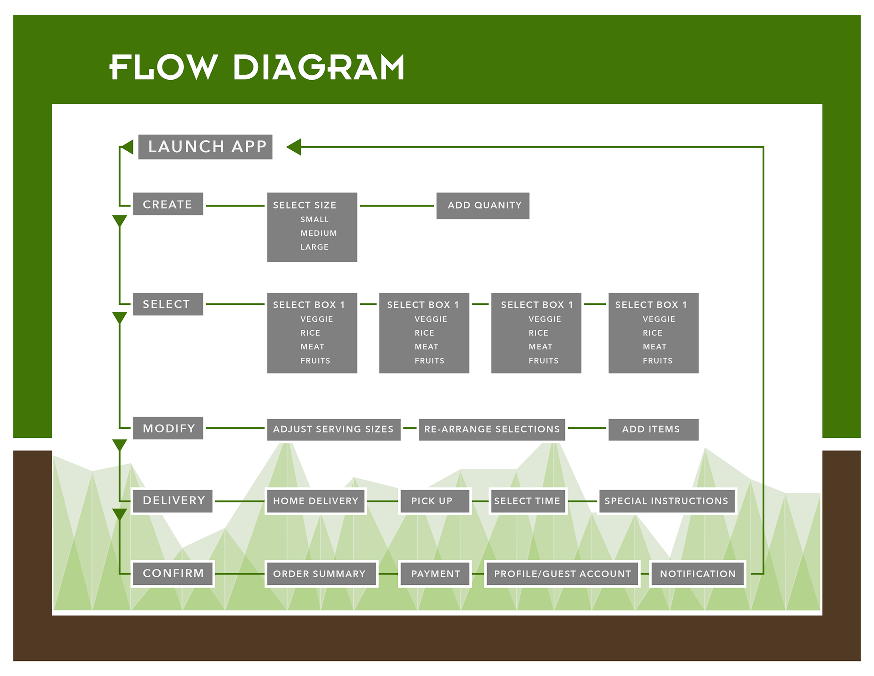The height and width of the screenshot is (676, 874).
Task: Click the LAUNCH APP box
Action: coord(205,147)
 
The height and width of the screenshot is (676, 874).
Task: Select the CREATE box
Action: coord(168,204)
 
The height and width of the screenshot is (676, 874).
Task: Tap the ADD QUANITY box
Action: coord(483,205)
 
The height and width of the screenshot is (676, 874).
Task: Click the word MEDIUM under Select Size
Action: coord(319,233)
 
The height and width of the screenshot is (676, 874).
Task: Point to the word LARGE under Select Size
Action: coord(315,247)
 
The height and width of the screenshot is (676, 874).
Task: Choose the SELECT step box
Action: coord(168,304)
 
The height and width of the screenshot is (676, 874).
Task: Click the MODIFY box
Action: coord(168,428)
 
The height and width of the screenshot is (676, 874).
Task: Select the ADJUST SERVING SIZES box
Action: coord(334,430)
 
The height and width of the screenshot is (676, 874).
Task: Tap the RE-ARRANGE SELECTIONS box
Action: coord(492,430)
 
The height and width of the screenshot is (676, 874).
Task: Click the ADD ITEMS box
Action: coord(653,430)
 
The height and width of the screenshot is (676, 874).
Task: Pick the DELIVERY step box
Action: coord(173,501)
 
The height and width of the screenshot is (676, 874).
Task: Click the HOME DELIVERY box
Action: coord(316,501)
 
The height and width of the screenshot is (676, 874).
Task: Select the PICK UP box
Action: coord(435,501)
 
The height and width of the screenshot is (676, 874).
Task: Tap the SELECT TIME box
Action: coord(528,501)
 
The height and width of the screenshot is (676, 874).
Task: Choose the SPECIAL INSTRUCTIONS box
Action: coord(667,501)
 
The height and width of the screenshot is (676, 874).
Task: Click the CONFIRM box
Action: coord(173,574)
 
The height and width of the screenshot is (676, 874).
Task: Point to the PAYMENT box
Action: coord(435,574)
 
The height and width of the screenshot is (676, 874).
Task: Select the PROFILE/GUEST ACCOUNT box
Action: coord(562,574)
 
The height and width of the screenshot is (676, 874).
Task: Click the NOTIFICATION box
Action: coord(697,574)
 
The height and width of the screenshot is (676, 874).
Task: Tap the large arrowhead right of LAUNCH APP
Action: coord(294,147)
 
